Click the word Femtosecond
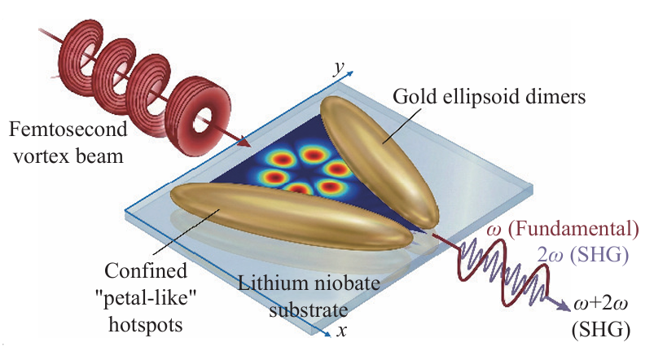(x=68, y=129)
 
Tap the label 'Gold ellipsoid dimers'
(x=489, y=96)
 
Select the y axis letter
(x=339, y=68)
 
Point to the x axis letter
(x=341, y=331)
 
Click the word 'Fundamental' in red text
(x=573, y=230)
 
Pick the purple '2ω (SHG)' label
(x=582, y=255)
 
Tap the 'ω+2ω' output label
(x=600, y=303)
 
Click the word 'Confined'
(x=146, y=270)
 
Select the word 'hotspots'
(x=146, y=324)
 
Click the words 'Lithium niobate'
(x=309, y=283)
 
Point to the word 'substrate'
(x=308, y=310)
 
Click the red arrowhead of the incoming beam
(x=244, y=143)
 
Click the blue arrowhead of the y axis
(x=349, y=74)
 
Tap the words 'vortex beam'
(x=68, y=156)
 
